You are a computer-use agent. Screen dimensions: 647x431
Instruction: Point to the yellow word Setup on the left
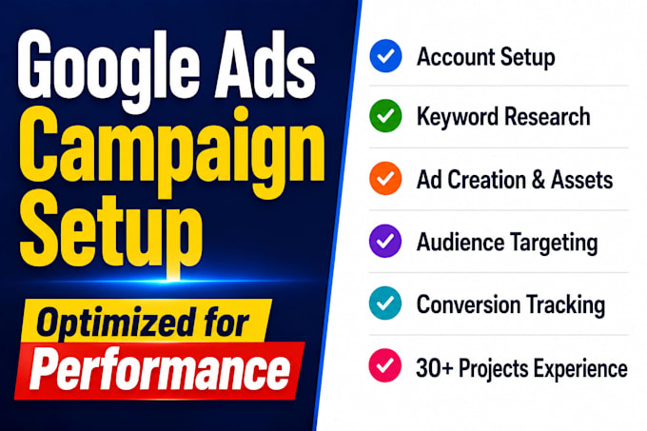tap(111, 230)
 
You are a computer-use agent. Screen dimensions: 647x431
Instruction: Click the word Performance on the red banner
tap(160, 369)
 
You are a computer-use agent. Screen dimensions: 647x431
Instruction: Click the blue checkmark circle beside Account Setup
tap(385, 56)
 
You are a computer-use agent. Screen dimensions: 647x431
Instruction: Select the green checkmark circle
tap(385, 116)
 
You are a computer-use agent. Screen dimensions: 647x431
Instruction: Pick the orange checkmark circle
tap(385, 179)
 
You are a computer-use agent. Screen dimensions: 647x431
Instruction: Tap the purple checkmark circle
tap(385, 241)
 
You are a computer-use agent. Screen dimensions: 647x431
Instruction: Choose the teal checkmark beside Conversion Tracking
tap(385, 304)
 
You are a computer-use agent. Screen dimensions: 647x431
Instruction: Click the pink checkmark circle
tap(385, 365)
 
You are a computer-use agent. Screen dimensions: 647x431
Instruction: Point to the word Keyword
tap(458, 117)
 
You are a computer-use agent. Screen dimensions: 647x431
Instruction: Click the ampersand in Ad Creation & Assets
tap(539, 180)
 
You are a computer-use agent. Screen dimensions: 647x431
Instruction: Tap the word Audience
tap(461, 242)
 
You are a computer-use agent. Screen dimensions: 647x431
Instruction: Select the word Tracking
tap(566, 306)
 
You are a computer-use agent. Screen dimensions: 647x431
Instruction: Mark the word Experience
tap(580, 369)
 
